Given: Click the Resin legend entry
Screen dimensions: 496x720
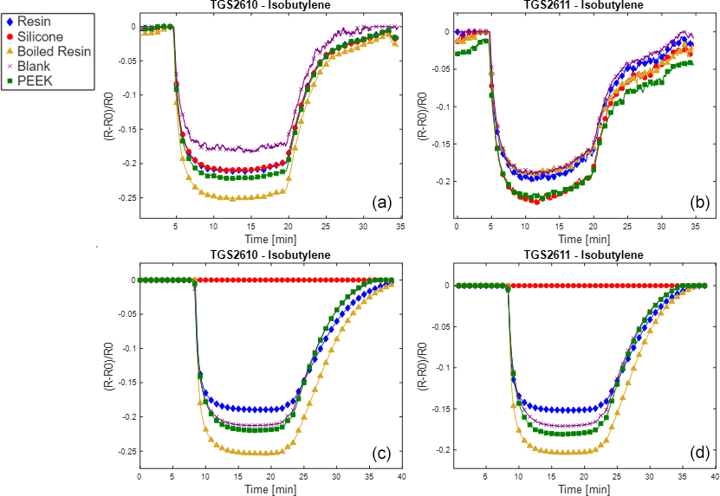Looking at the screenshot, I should point(35,20).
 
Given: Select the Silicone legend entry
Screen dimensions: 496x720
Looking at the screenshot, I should point(38,36).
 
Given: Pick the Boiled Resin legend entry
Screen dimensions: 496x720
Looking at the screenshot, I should point(49,51).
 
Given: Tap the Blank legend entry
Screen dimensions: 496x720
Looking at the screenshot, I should point(36,66).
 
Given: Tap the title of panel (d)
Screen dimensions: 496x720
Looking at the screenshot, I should point(584,255).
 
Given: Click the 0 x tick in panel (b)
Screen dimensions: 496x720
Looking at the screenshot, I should point(456,227).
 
